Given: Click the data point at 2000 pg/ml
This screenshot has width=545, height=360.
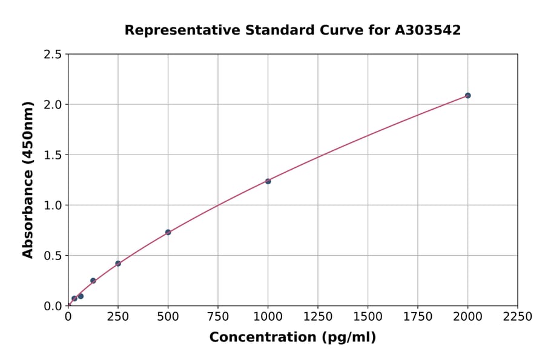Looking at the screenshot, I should (x=467, y=95).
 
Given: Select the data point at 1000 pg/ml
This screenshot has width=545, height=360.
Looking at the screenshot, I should (x=268, y=181).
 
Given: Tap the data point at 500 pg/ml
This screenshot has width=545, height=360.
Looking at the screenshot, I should (x=168, y=232).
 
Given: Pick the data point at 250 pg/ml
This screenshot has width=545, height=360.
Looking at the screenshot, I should (x=118, y=264).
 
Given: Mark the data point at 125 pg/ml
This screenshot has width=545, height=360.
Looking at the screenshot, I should (x=93, y=281).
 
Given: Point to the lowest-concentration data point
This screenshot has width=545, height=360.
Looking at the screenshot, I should (x=74, y=298).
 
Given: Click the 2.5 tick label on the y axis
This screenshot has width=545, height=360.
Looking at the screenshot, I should (x=53, y=55).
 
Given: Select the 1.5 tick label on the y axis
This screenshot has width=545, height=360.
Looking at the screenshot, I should (x=53, y=155).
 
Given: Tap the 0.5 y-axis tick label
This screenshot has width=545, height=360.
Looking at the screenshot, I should (x=53, y=256).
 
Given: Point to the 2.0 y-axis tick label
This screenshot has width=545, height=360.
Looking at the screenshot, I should (x=53, y=105).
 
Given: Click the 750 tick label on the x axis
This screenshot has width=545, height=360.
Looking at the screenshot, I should (x=218, y=317).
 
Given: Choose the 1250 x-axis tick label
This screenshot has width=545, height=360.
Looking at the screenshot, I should (x=318, y=317).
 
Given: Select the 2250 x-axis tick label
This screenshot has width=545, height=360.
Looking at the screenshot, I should (x=518, y=317).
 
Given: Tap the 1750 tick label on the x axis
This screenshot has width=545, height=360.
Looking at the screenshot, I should (x=418, y=317).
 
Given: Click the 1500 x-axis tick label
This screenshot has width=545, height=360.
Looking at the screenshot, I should (x=368, y=317).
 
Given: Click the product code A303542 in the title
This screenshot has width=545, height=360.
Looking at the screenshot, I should (x=428, y=30).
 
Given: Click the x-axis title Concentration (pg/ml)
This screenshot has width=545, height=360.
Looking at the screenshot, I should (x=292, y=338).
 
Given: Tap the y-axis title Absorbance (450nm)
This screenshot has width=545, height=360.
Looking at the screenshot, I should (x=28, y=180).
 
